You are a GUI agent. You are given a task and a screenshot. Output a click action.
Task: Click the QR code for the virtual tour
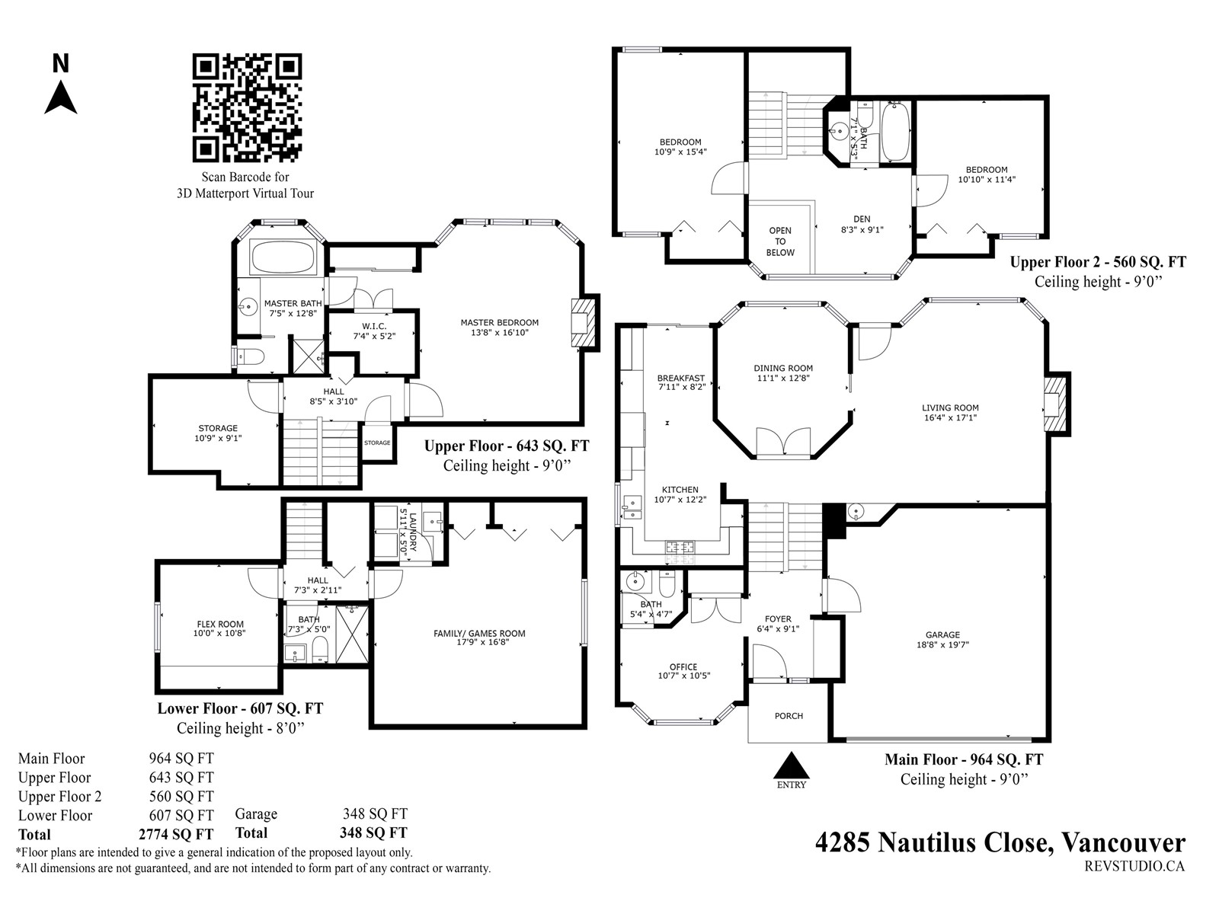(247, 107)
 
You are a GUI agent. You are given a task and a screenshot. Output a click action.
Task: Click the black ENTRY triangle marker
(791, 765)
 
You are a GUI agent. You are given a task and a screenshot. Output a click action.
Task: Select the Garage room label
(942, 640)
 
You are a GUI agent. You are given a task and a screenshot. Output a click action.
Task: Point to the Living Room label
(950, 412)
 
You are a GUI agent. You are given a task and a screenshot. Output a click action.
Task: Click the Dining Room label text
(783, 373)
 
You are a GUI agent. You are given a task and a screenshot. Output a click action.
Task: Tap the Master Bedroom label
(499, 328)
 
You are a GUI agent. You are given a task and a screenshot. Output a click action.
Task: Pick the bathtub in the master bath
(283, 257)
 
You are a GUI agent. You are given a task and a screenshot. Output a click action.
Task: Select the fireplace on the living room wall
(1056, 404)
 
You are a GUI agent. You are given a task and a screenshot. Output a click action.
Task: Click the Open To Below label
(780, 241)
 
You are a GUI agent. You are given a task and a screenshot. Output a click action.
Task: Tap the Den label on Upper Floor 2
(862, 224)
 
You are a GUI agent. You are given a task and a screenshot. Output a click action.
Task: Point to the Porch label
(789, 716)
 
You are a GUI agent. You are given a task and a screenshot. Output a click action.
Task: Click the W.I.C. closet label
(374, 331)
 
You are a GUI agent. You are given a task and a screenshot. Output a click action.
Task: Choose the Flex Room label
(220, 628)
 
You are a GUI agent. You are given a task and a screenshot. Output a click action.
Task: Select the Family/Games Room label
(479, 638)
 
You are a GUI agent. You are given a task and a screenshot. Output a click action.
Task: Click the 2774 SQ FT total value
(176, 835)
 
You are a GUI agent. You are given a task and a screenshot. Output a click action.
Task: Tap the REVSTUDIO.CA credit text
(1134, 866)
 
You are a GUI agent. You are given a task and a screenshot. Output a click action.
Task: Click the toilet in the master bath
(250, 357)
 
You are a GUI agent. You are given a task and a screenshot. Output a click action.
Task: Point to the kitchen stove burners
(680, 547)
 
